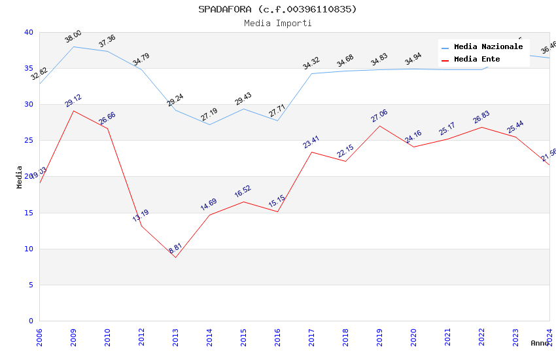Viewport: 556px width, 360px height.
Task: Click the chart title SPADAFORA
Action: (278, 9)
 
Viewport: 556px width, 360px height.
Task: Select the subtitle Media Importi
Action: (278, 24)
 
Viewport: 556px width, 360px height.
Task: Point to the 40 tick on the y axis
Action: (28, 32)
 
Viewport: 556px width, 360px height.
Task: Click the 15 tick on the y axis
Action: (28, 213)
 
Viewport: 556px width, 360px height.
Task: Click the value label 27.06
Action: (379, 116)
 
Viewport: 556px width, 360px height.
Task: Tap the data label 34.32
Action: (311, 63)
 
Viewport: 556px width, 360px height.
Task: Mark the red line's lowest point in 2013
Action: (175, 257)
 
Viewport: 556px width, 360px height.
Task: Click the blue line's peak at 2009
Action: (73, 46)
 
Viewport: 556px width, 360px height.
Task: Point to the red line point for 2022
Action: (481, 127)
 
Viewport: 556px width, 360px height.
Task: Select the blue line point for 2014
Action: (209, 124)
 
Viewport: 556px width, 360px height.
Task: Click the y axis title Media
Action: (20, 177)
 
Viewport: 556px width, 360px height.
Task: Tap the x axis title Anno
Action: (540, 343)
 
